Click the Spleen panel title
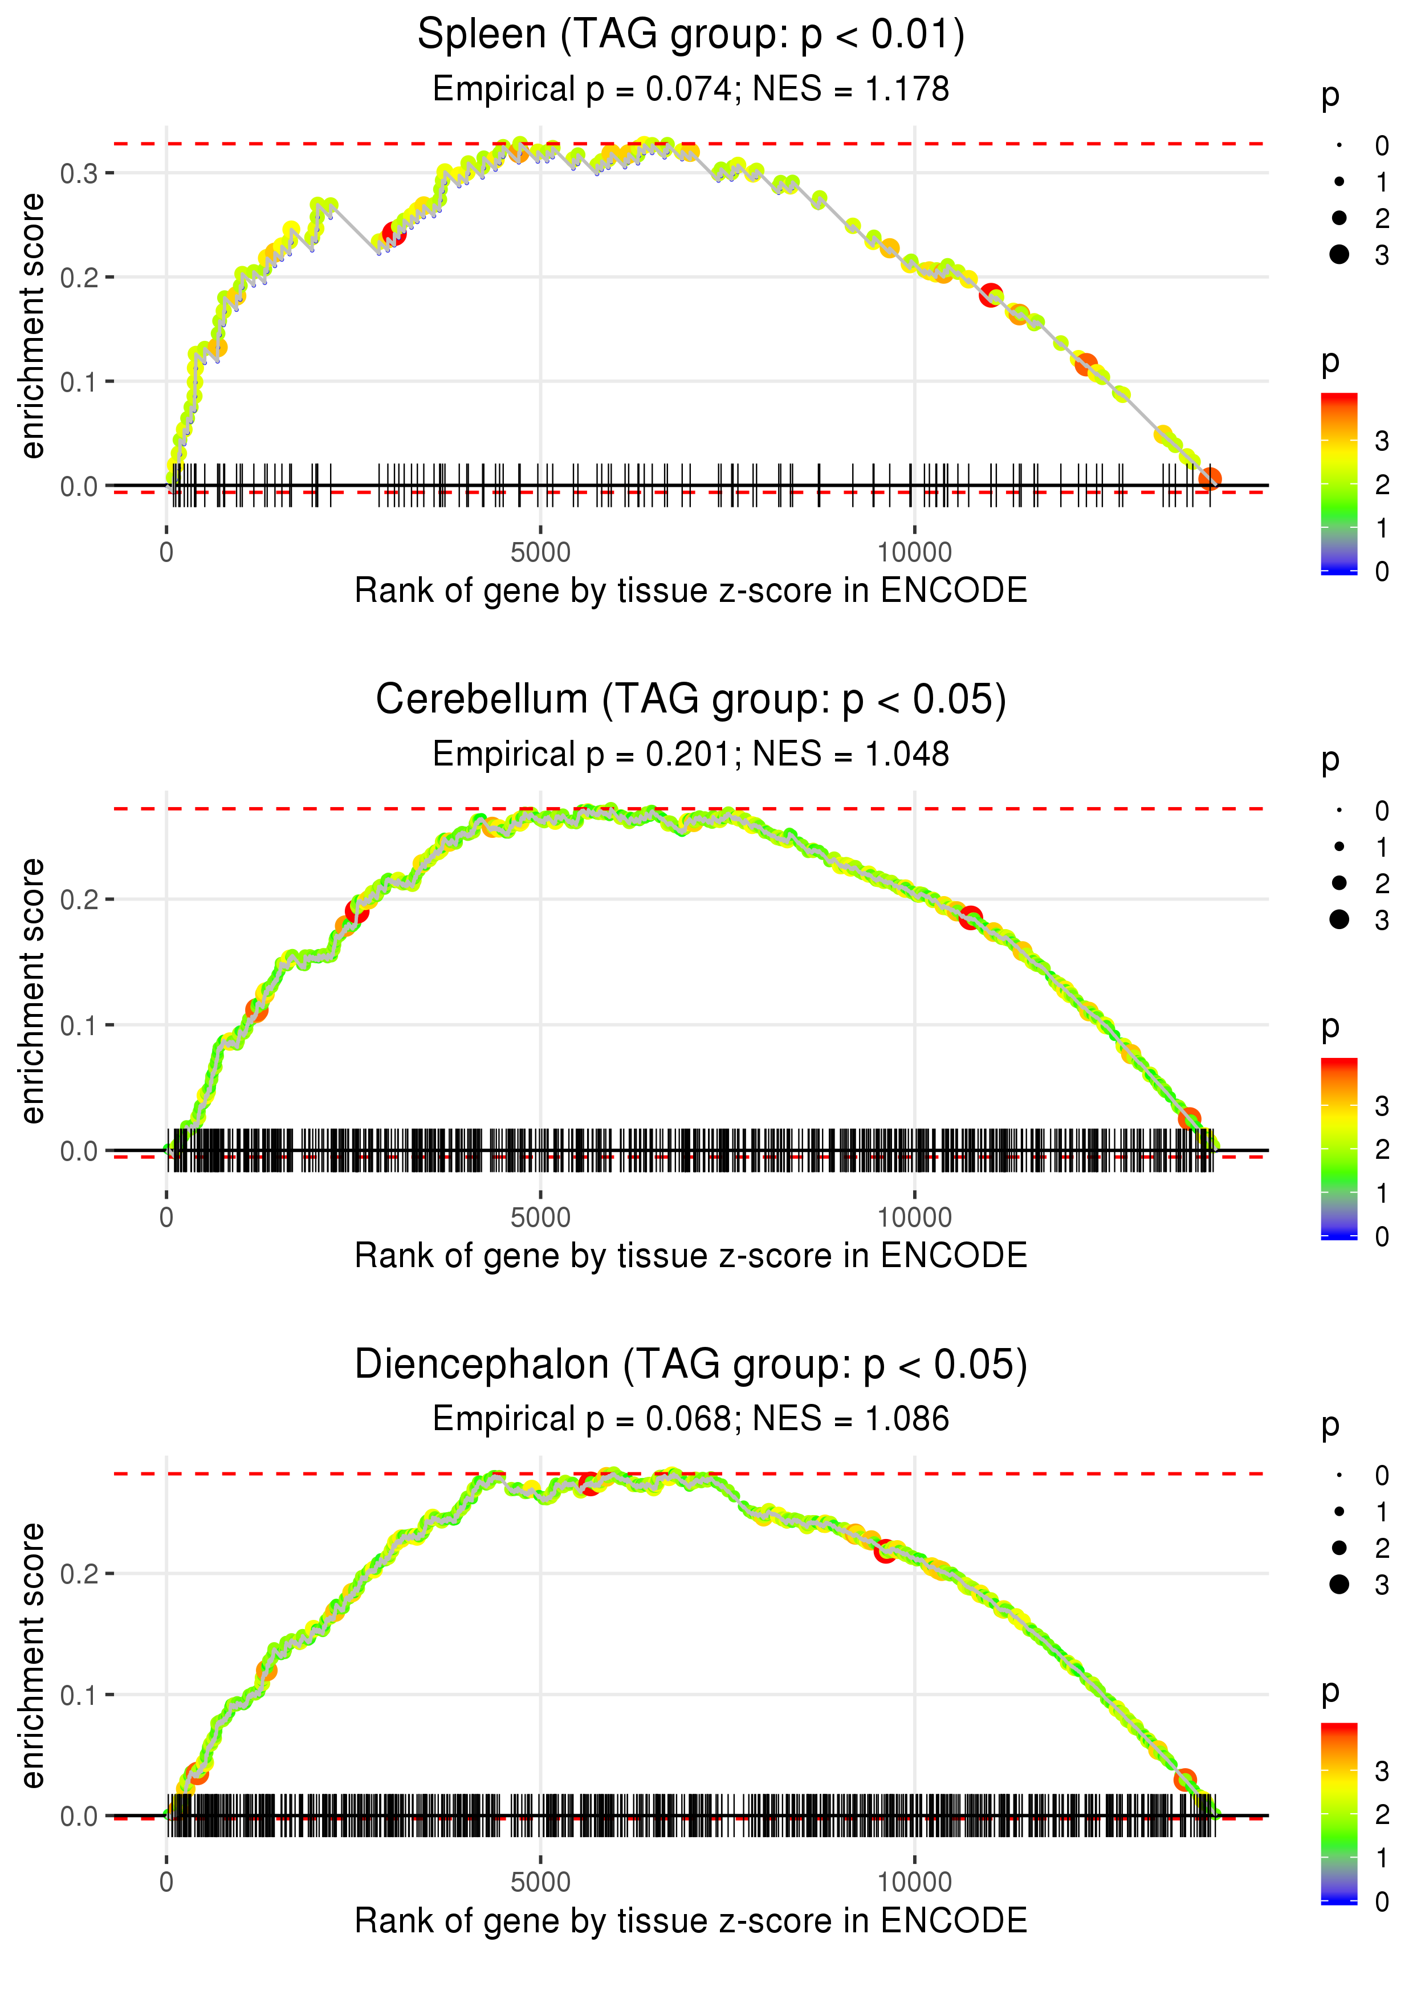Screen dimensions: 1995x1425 tap(691, 35)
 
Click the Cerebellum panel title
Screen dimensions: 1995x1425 tap(691, 700)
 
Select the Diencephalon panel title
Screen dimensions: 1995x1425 tap(691, 1365)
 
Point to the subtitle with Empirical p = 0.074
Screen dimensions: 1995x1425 tap(691, 89)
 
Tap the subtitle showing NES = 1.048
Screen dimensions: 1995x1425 tap(691, 755)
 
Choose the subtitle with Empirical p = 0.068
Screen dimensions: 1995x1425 tap(691, 1419)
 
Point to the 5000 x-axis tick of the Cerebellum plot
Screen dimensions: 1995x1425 tap(540, 1218)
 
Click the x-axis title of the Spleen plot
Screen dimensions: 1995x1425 tap(691, 591)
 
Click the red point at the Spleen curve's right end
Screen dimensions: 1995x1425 tap(1210, 478)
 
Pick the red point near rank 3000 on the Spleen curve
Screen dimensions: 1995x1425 tap(394, 233)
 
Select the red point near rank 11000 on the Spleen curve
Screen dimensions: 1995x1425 tap(991, 295)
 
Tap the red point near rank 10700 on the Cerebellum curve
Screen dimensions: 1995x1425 tap(970, 918)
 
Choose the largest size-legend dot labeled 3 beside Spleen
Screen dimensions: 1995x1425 tap(1339, 254)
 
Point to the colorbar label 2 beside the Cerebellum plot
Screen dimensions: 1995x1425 tap(1382, 1149)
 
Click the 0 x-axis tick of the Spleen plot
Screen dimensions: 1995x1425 tap(166, 553)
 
